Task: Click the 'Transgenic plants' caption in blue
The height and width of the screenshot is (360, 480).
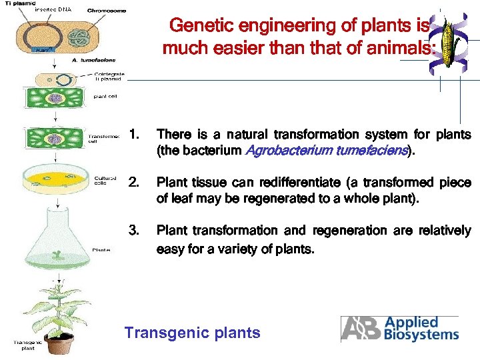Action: [192, 333]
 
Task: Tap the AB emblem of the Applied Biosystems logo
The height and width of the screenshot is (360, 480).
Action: [361, 328]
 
